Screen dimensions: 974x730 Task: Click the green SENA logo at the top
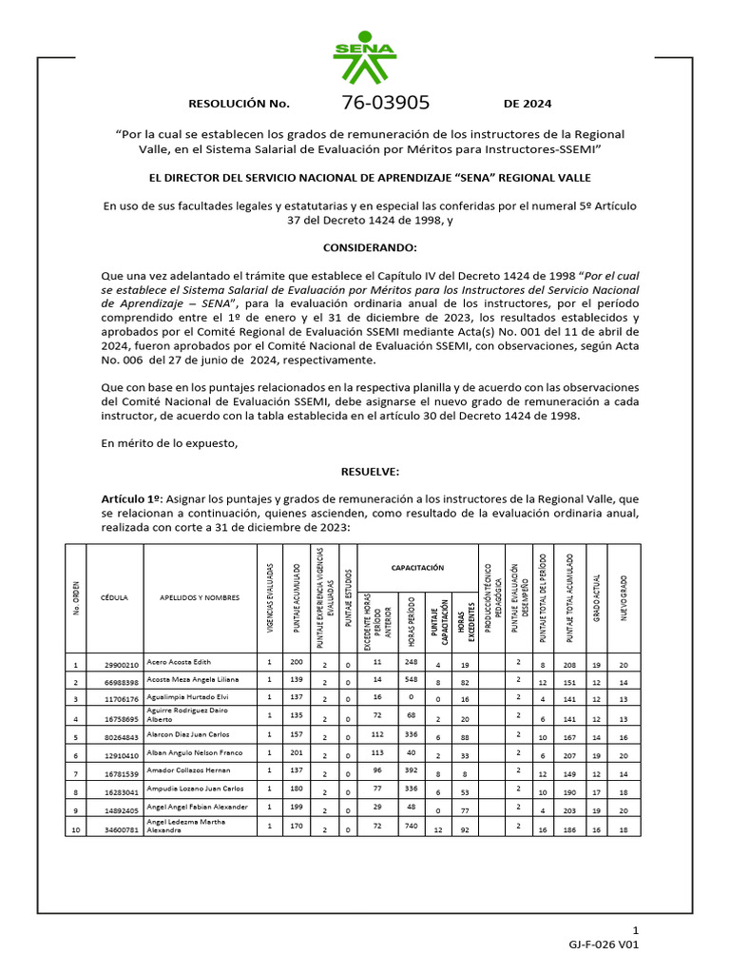click(365, 58)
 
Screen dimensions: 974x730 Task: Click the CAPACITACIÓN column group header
click(417, 567)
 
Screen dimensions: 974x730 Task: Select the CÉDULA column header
click(114, 598)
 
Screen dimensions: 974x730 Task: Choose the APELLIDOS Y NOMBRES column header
click(200, 598)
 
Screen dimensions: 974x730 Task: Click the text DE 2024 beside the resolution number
click(528, 104)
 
